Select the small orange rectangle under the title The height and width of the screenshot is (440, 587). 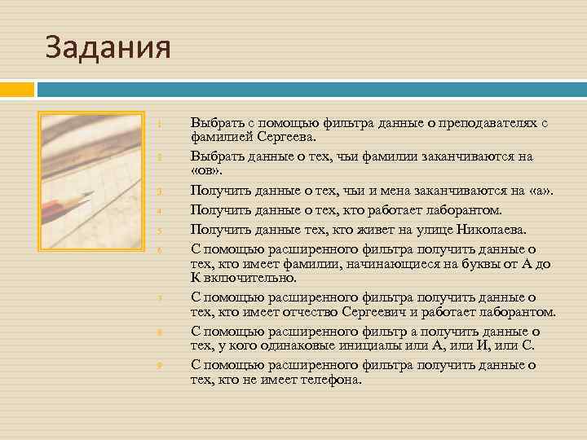coord(16,88)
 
